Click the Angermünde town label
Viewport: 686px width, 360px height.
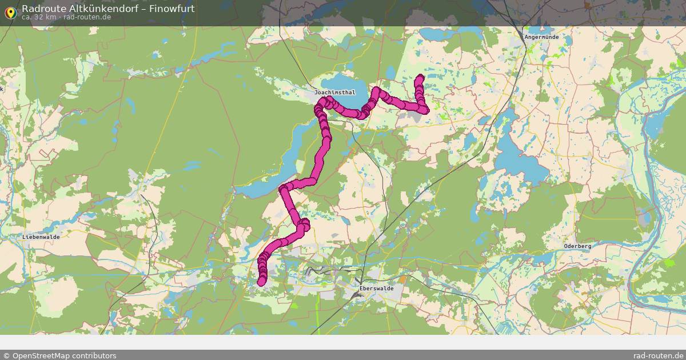coord(541,37)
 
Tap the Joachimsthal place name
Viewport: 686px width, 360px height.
coord(334,92)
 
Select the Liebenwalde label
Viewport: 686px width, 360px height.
coord(41,237)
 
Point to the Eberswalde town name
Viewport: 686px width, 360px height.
coord(376,289)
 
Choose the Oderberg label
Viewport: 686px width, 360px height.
coord(577,246)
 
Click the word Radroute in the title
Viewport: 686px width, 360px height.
coord(41,9)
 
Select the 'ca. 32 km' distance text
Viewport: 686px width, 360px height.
coord(38,17)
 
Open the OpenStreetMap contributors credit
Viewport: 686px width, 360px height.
coord(59,355)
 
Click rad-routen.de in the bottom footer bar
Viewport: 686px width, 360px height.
coord(659,355)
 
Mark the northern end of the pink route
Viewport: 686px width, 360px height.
coord(421,77)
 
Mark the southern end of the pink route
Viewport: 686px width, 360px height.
coord(262,281)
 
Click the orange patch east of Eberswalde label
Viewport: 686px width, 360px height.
coord(404,279)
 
